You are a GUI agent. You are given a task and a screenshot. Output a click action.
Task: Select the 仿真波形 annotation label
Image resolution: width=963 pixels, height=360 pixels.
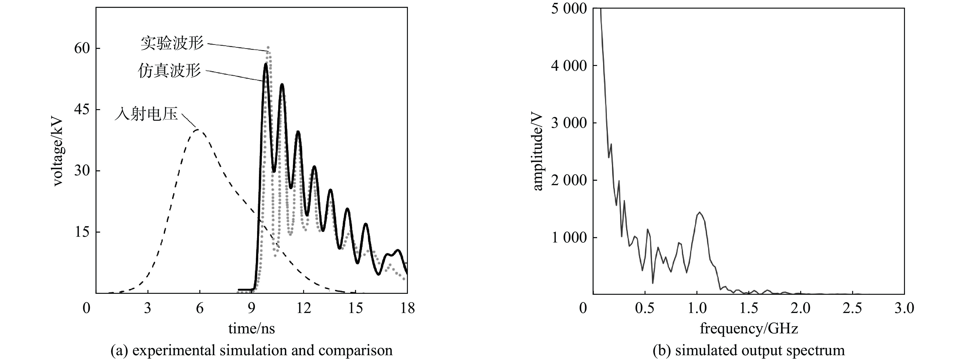[169, 71]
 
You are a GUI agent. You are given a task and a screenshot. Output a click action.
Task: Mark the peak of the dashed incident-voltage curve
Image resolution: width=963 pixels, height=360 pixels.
[197, 130]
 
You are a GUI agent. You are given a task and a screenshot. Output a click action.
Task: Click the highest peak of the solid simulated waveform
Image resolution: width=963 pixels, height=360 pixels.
[265, 64]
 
